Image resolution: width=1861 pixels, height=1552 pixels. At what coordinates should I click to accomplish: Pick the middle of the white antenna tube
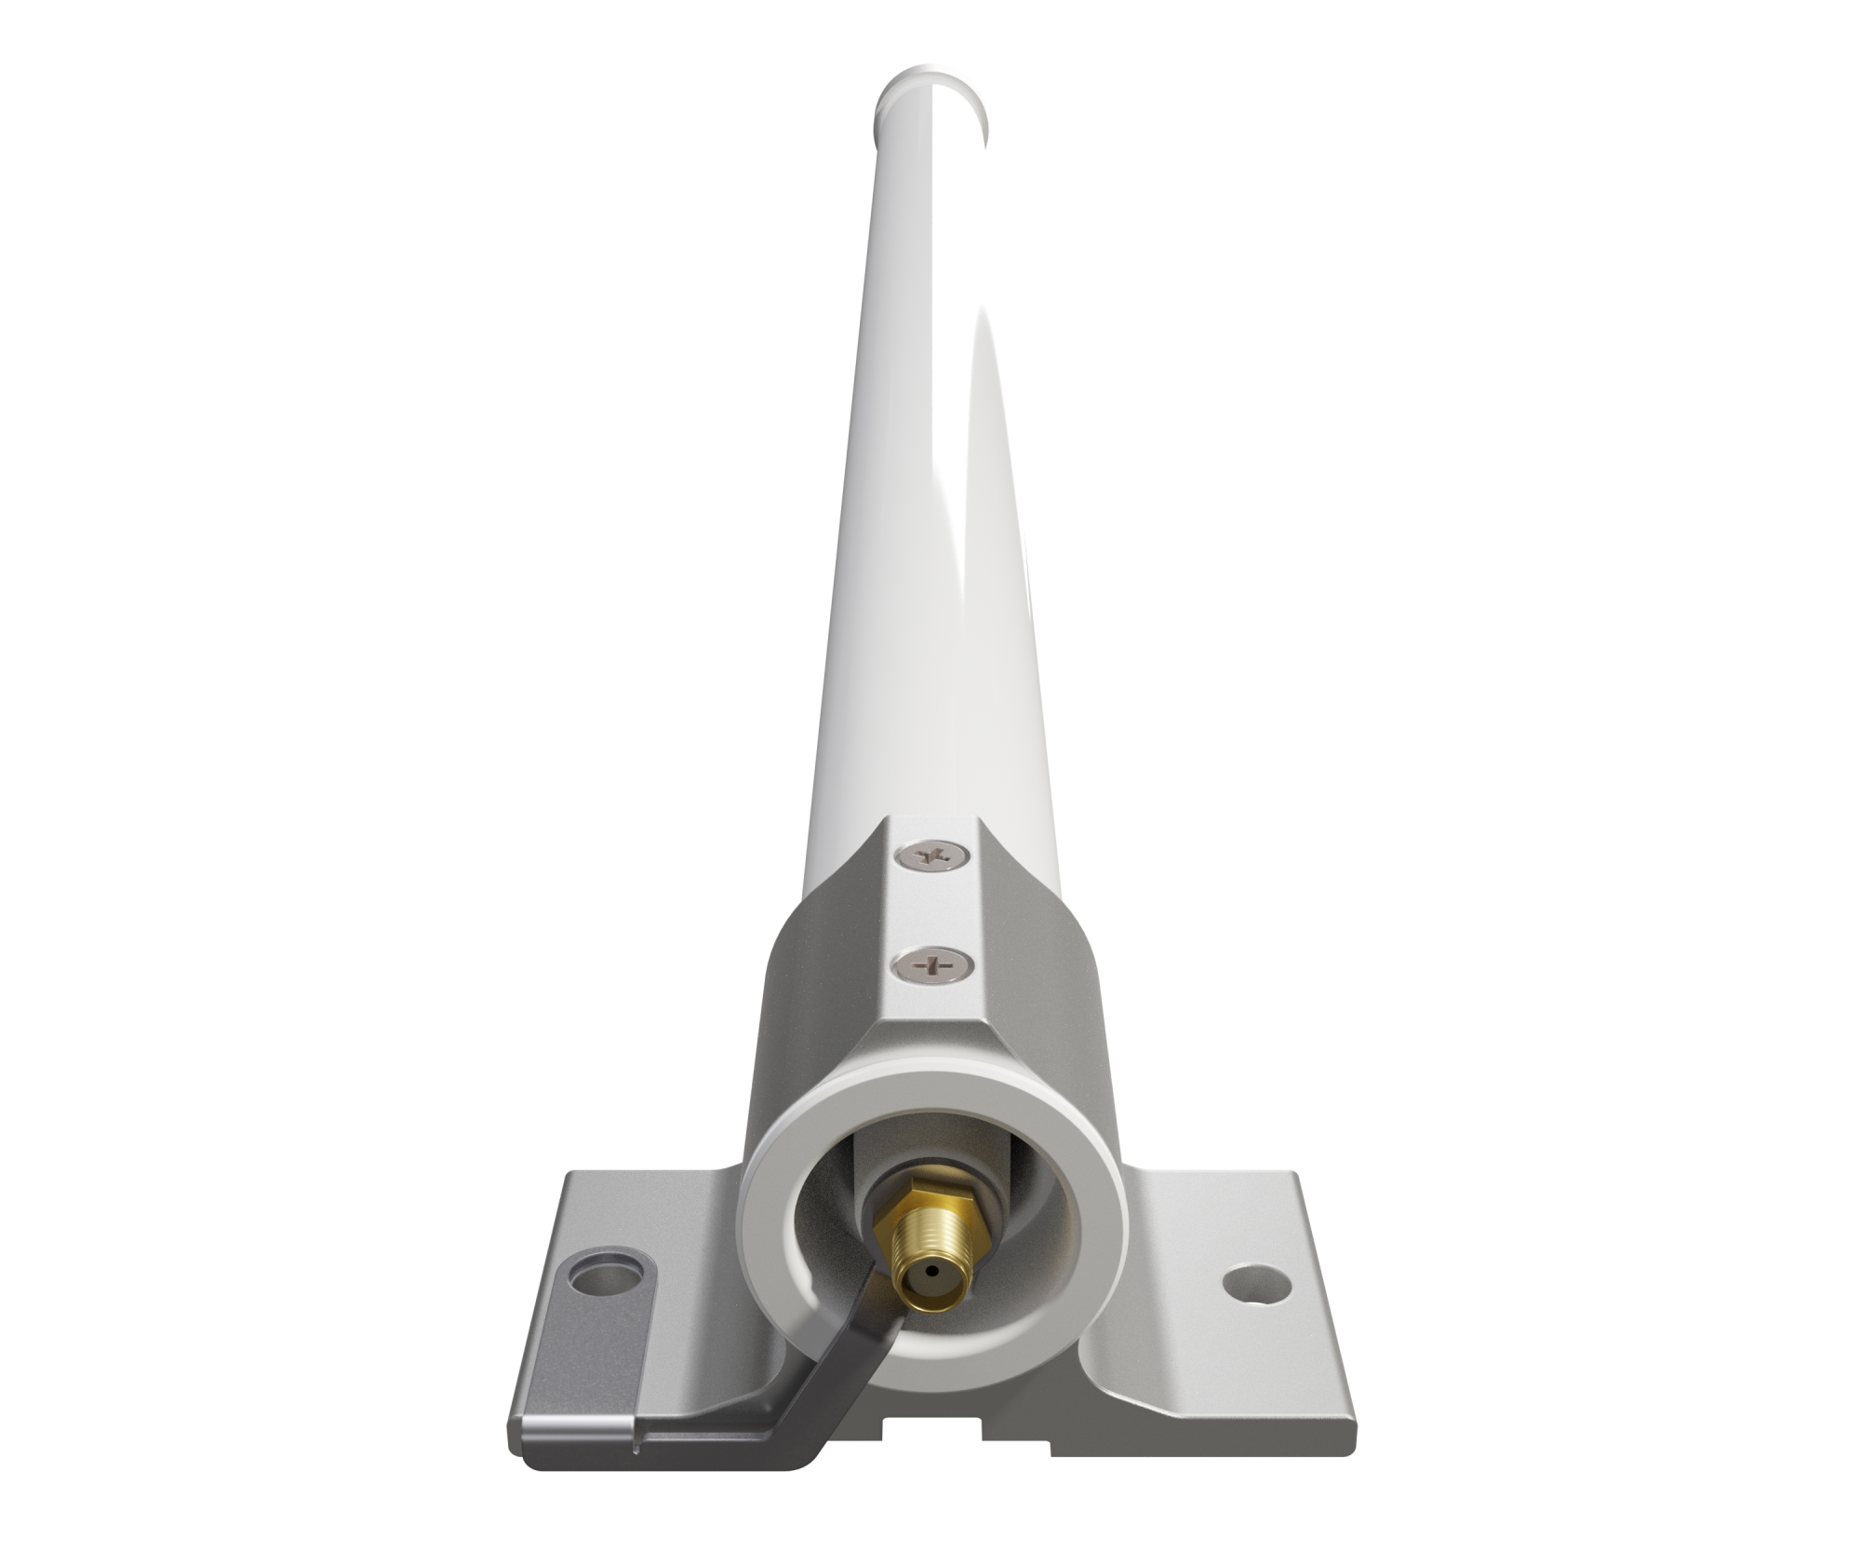click(930, 466)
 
